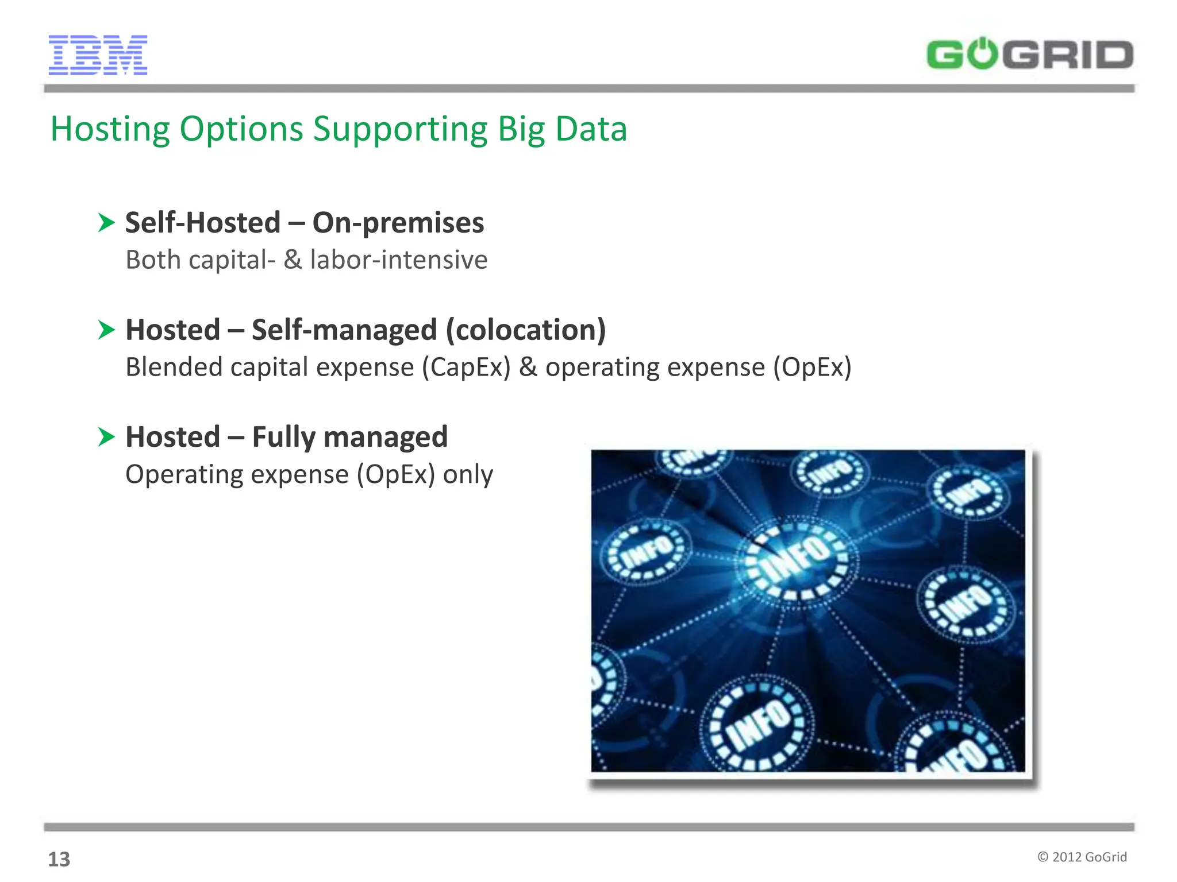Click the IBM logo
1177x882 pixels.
pos(98,55)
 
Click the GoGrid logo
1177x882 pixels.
pos(1029,55)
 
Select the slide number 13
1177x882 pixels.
pos(59,859)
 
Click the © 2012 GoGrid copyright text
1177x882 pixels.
pos(1082,857)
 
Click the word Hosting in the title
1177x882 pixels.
pos(110,129)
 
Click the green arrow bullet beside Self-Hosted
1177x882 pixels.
pos(106,223)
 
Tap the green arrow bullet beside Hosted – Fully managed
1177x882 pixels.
pos(106,437)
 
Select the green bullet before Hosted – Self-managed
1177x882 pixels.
pos(106,330)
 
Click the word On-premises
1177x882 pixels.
pos(398,223)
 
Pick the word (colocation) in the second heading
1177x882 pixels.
pos(526,330)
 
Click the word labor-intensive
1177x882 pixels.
pos(398,260)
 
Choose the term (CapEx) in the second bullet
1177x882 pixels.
pos(466,367)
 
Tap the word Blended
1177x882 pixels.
pos(174,367)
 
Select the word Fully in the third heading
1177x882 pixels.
pos(284,438)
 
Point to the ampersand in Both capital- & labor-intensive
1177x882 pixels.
pos(293,260)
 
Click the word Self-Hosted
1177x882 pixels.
pos(203,223)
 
